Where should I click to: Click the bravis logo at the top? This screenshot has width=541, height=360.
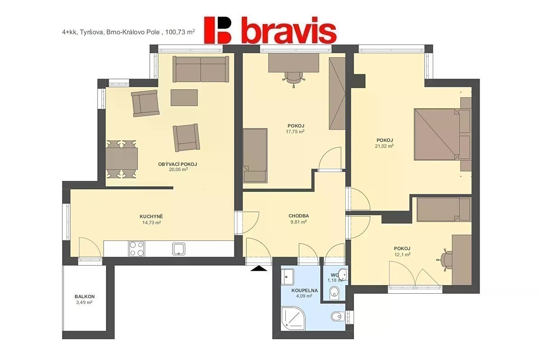pyautogui.click(x=270, y=30)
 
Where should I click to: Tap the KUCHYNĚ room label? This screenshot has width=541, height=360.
pyautogui.click(x=151, y=217)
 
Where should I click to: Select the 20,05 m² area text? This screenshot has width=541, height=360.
pyautogui.click(x=179, y=169)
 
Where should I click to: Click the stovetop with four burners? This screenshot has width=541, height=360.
pyautogui.click(x=137, y=249)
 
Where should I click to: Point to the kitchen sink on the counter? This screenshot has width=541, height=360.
pyautogui.click(x=179, y=249)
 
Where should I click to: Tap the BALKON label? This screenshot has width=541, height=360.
pyautogui.click(x=85, y=296)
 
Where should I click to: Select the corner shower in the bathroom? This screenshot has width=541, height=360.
pyautogui.click(x=293, y=318)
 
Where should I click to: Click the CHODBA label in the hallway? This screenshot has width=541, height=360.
pyautogui.click(x=299, y=216)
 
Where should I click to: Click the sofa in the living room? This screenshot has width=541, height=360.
pyautogui.click(x=201, y=69)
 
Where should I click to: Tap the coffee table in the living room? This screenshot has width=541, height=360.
pyautogui.click(x=184, y=97)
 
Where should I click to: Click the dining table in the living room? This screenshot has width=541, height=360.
pyautogui.click(x=122, y=158)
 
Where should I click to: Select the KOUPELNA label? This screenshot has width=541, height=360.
pyautogui.click(x=305, y=291)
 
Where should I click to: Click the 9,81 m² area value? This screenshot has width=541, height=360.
pyautogui.click(x=299, y=222)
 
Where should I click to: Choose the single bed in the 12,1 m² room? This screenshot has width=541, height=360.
pyautogui.click(x=444, y=209)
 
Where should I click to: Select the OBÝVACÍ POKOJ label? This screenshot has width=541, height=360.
pyautogui.click(x=178, y=164)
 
